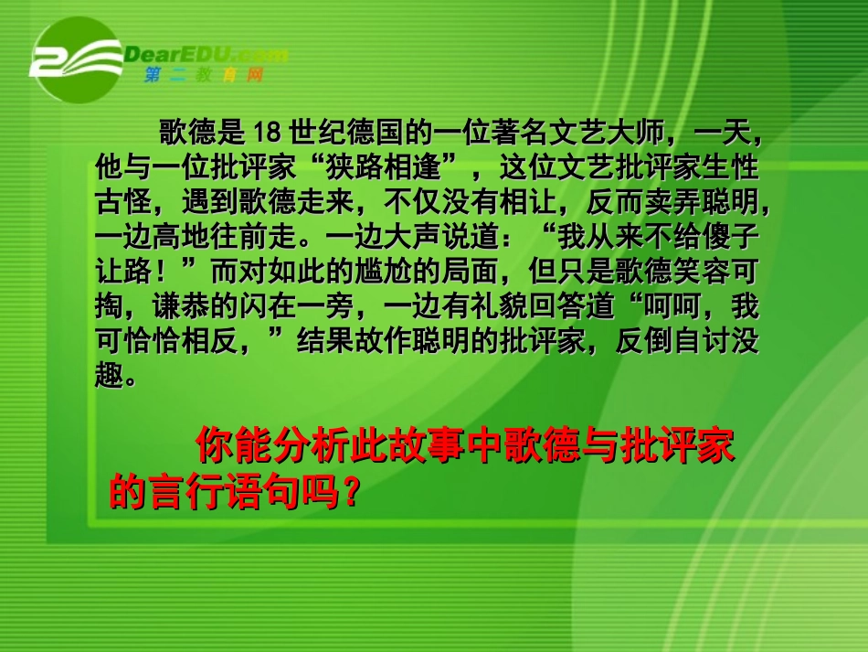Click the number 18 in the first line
pos(266,134)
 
